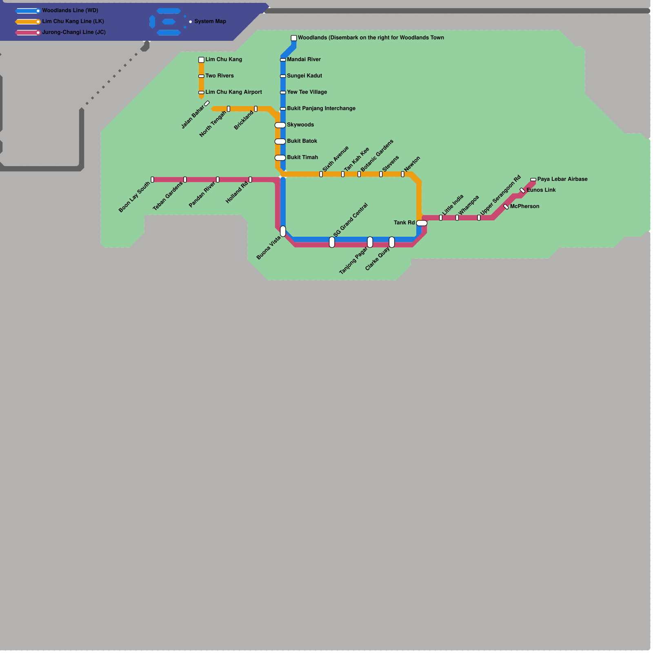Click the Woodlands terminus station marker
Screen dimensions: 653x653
click(294, 38)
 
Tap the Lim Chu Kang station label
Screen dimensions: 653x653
click(224, 60)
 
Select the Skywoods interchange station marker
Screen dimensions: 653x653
click(280, 125)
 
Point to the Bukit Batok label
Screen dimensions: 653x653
click(302, 141)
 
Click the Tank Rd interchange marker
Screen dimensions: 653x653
click(422, 223)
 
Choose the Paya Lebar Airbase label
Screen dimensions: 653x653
click(562, 179)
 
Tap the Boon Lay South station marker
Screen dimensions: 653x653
click(152, 180)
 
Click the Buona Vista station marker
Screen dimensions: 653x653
click(283, 231)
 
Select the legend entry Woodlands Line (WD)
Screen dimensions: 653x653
click(70, 11)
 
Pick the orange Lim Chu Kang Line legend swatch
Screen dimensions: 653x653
click(27, 22)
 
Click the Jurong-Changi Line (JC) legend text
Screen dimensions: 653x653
click(74, 32)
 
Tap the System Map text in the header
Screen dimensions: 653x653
click(210, 22)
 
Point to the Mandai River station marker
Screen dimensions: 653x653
click(283, 60)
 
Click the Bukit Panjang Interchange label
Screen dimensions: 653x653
click(321, 109)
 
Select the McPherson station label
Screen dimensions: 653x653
click(524, 207)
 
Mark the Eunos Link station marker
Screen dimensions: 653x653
click(522, 191)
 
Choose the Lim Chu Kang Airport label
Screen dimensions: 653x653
click(233, 92)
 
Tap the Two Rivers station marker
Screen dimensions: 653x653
click(201, 76)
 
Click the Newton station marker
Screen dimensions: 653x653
click(403, 174)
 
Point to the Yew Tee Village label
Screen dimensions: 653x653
click(307, 92)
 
